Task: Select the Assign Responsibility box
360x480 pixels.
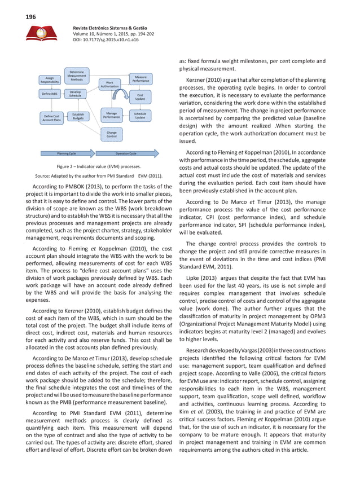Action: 50,80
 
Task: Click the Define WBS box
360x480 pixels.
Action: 50,94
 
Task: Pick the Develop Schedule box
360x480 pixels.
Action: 75,94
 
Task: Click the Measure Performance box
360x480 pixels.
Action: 141,80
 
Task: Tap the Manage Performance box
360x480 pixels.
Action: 111,116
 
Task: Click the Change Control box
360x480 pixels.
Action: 111,134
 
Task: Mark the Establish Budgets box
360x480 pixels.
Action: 78,116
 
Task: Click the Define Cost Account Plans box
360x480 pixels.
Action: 52,118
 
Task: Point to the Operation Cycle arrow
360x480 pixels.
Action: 126,153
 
